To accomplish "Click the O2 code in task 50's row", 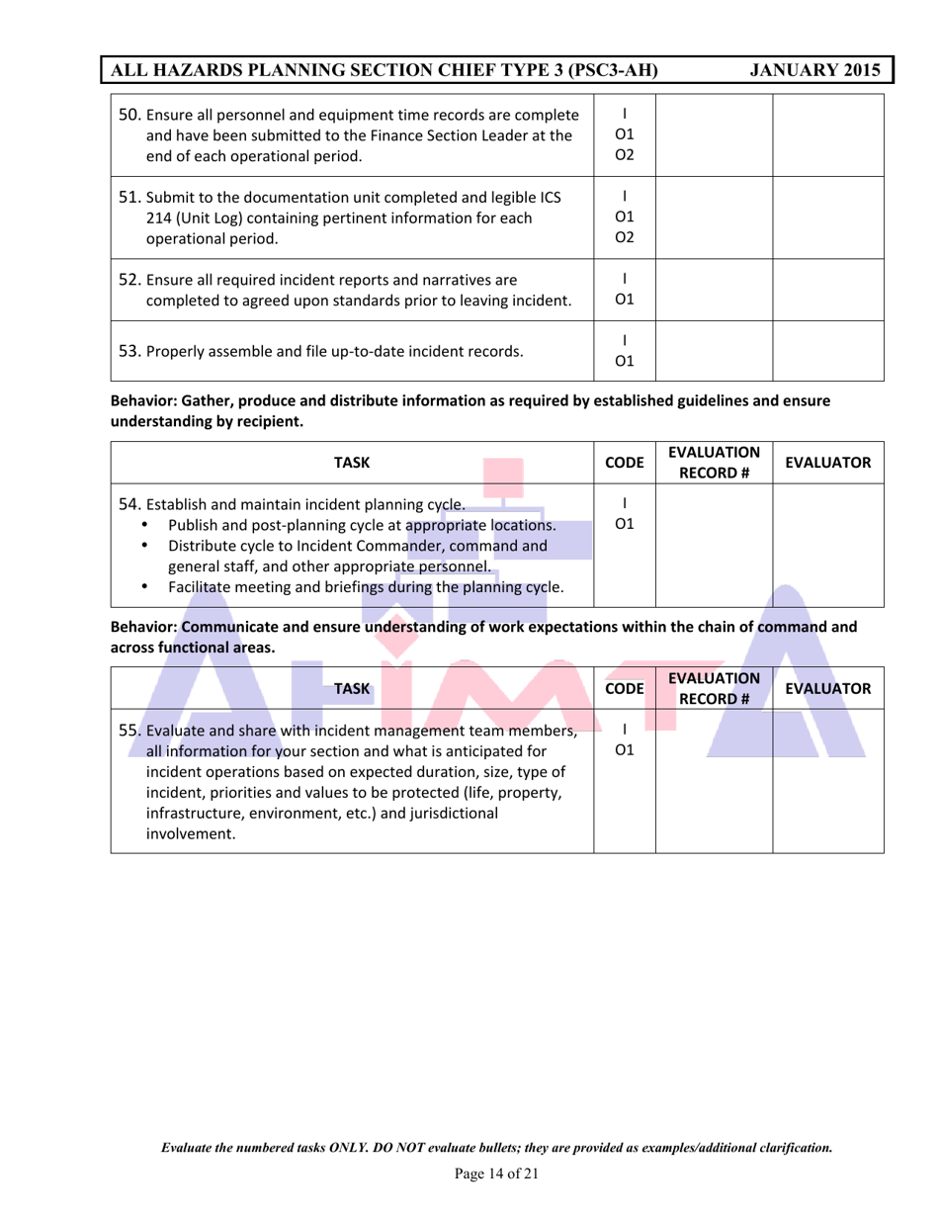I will (621, 152).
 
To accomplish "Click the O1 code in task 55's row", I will (621, 753).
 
